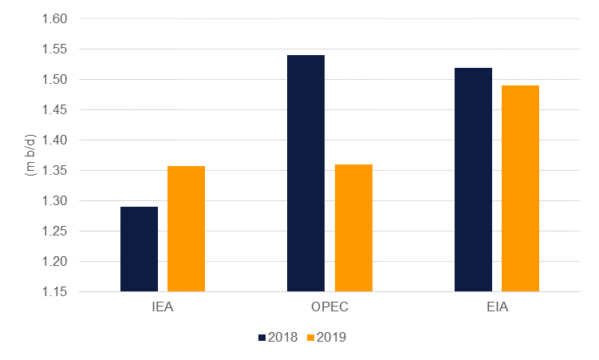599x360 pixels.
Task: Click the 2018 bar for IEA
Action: (x=139, y=249)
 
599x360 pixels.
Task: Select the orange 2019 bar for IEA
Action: (x=186, y=228)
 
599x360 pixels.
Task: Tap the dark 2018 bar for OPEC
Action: (x=305, y=173)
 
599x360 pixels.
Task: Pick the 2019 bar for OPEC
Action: (x=353, y=227)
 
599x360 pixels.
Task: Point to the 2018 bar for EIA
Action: (x=473, y=180)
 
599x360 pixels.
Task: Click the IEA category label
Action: (x=163, y=307)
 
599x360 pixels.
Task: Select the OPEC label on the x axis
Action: (x=329, y=307)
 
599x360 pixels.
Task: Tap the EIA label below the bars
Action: (x=497, y=307)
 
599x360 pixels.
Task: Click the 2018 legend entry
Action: (x=278, y=337)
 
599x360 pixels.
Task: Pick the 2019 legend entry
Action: (x=330, y=337)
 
